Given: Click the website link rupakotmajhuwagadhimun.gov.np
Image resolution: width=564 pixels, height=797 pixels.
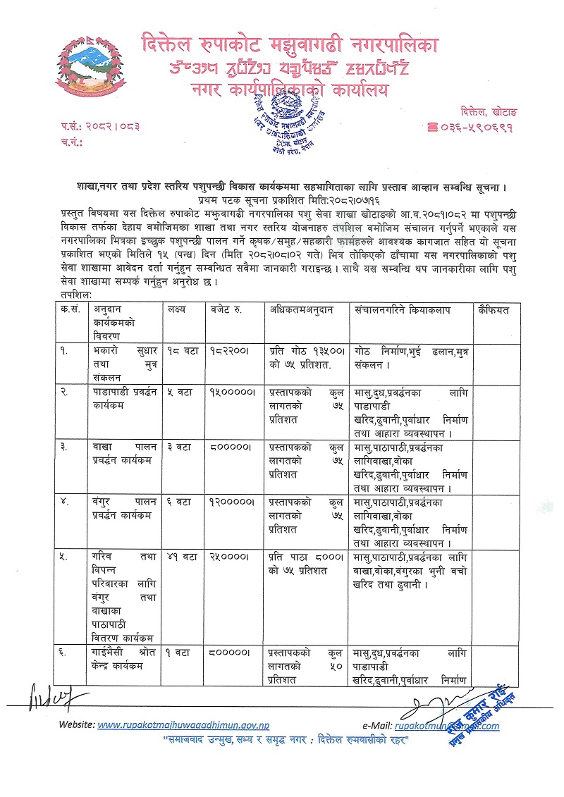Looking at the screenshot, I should (183, 725).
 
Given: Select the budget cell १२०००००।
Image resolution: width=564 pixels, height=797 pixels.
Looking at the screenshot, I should (231, 502).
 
